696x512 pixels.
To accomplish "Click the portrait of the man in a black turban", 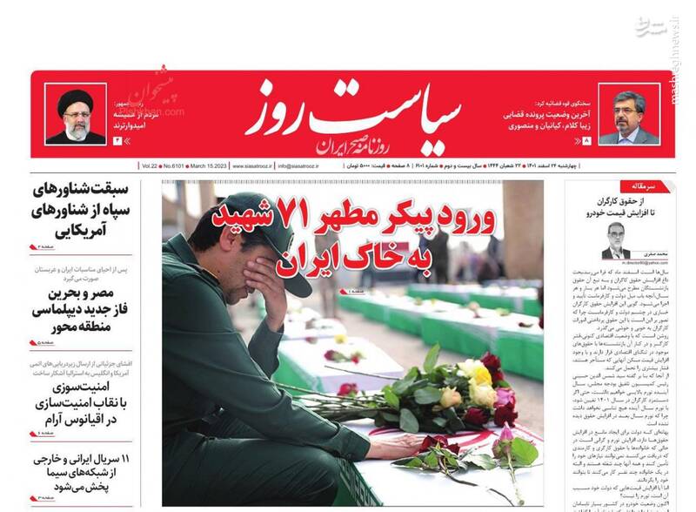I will tap(76, 114).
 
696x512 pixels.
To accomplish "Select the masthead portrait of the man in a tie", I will tap(628, 116).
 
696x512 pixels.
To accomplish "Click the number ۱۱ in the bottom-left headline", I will tap(124, 457).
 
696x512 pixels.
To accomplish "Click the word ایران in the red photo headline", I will tap(304, 259).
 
